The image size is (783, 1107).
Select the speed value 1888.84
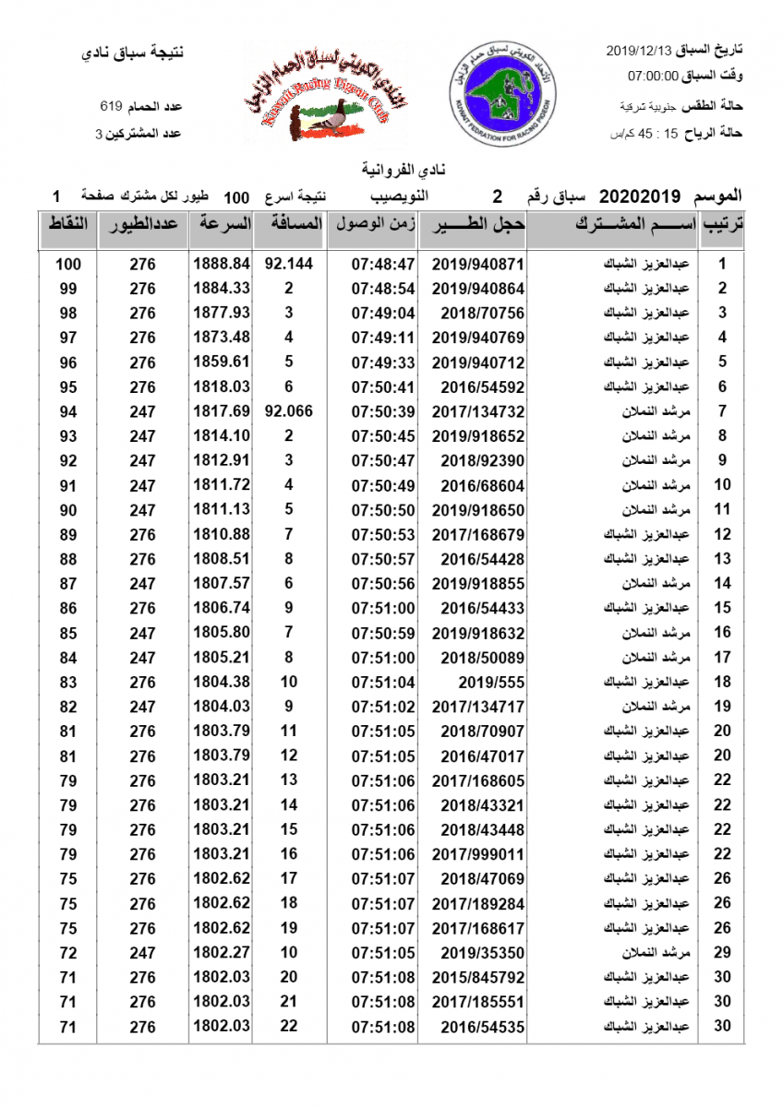click(222, 264)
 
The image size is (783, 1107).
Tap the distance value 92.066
click(288, 411)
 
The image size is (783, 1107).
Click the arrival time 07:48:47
click(383, 264)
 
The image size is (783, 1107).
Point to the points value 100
click(68, 264)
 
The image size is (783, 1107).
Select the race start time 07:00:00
click(653, 75)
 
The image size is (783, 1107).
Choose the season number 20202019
click(640, 196)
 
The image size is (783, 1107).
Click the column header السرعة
click(221, 224)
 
